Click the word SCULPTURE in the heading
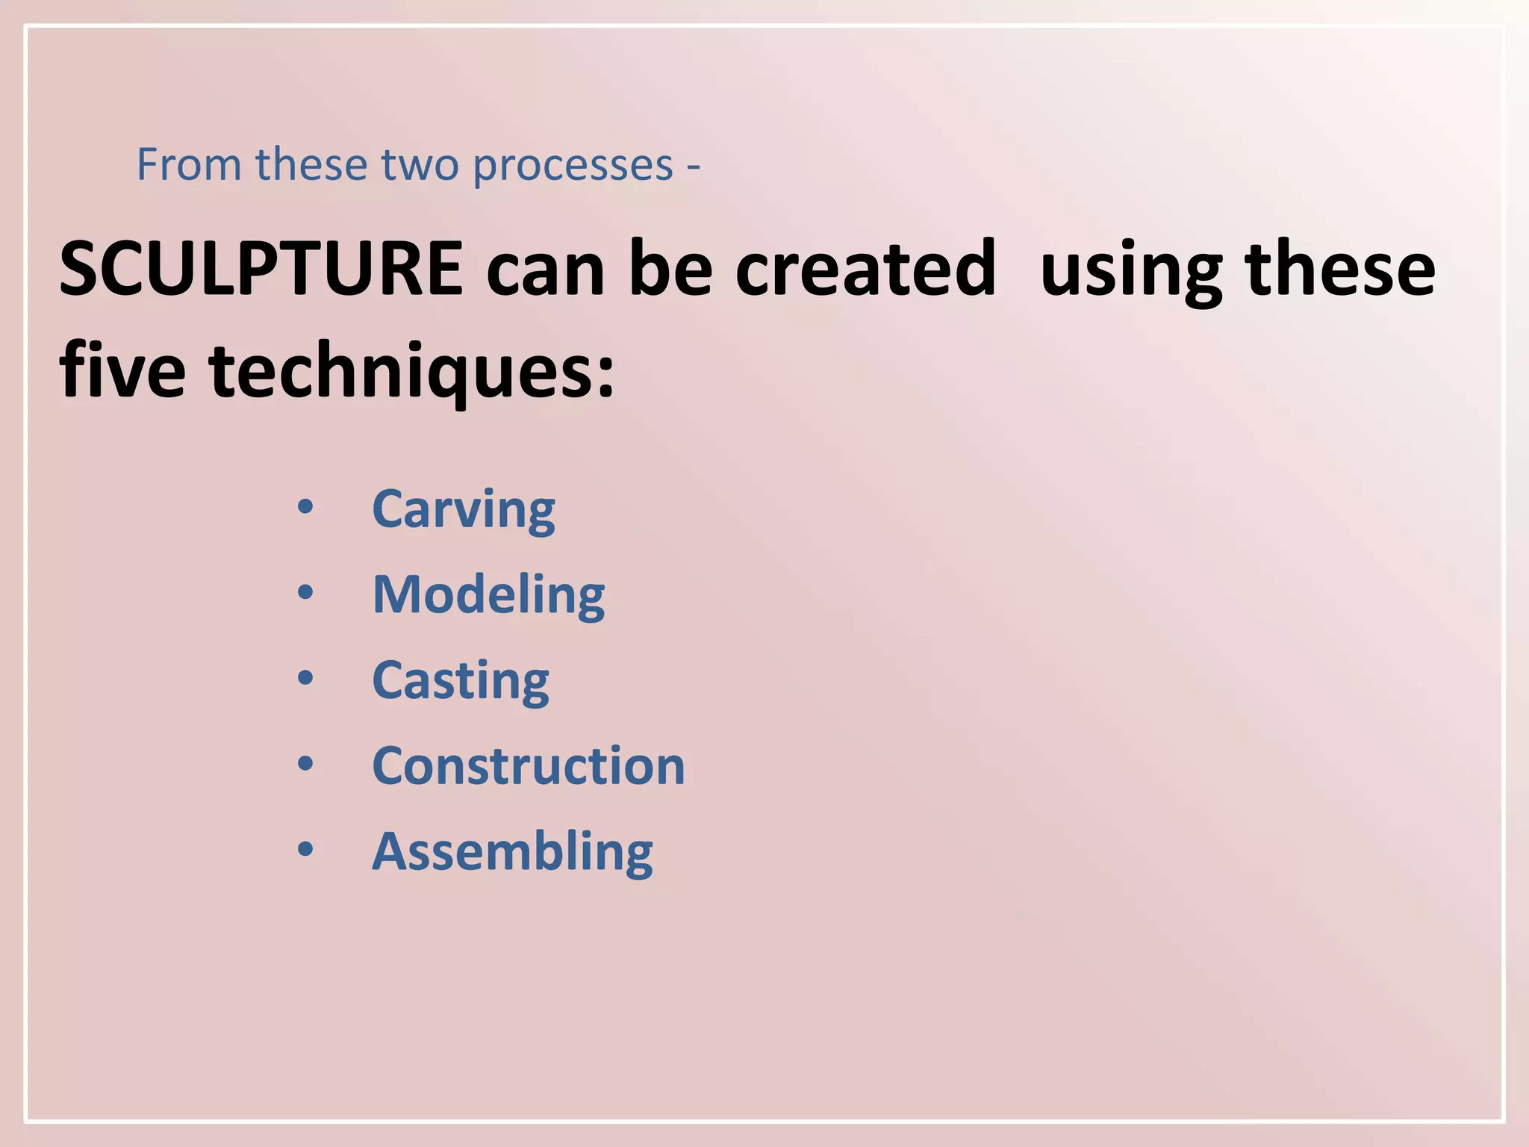261,269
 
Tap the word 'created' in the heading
865,269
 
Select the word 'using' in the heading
1132,272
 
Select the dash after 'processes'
694,167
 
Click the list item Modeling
488,596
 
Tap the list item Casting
461,682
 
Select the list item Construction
529,766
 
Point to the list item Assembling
512,852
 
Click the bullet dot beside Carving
305,507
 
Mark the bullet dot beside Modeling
305,593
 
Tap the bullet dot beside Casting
305,678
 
